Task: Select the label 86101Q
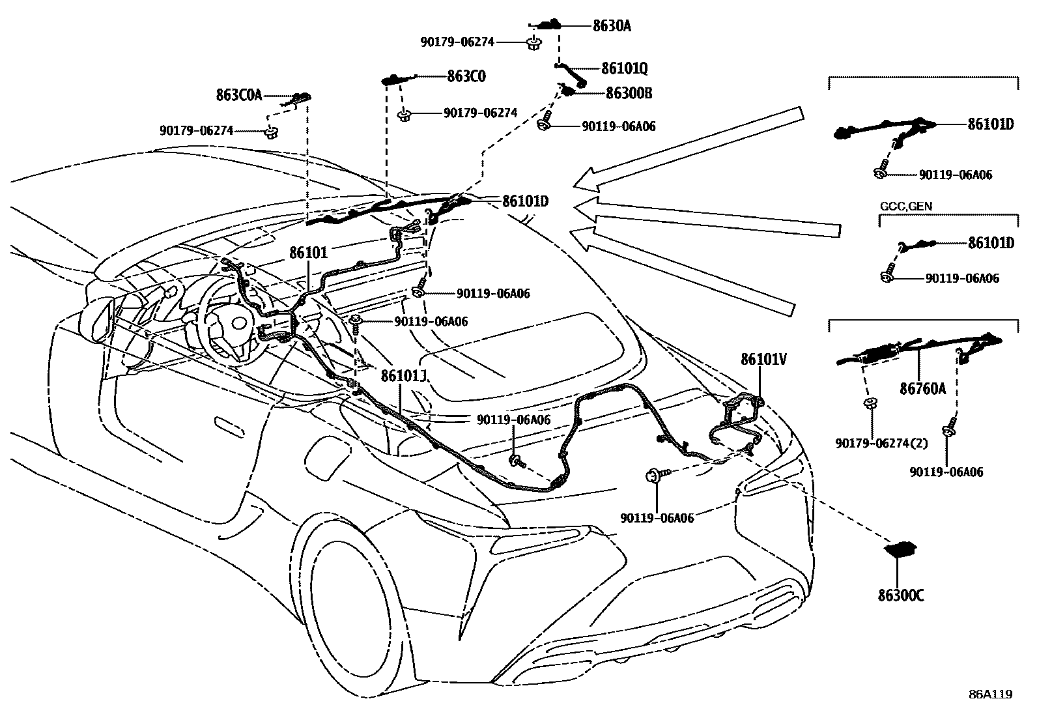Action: click(x=624, y=68)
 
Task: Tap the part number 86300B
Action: click(x=629, y=93)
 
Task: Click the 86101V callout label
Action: click(x=763, y=359)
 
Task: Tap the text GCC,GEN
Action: click(x=905, y=206)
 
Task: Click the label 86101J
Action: click(x=403, y=377)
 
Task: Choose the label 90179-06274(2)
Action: click(x=881, y=444)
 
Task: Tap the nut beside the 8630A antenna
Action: click(x=533, y=44)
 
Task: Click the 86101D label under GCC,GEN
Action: click(x=990, y=243)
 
